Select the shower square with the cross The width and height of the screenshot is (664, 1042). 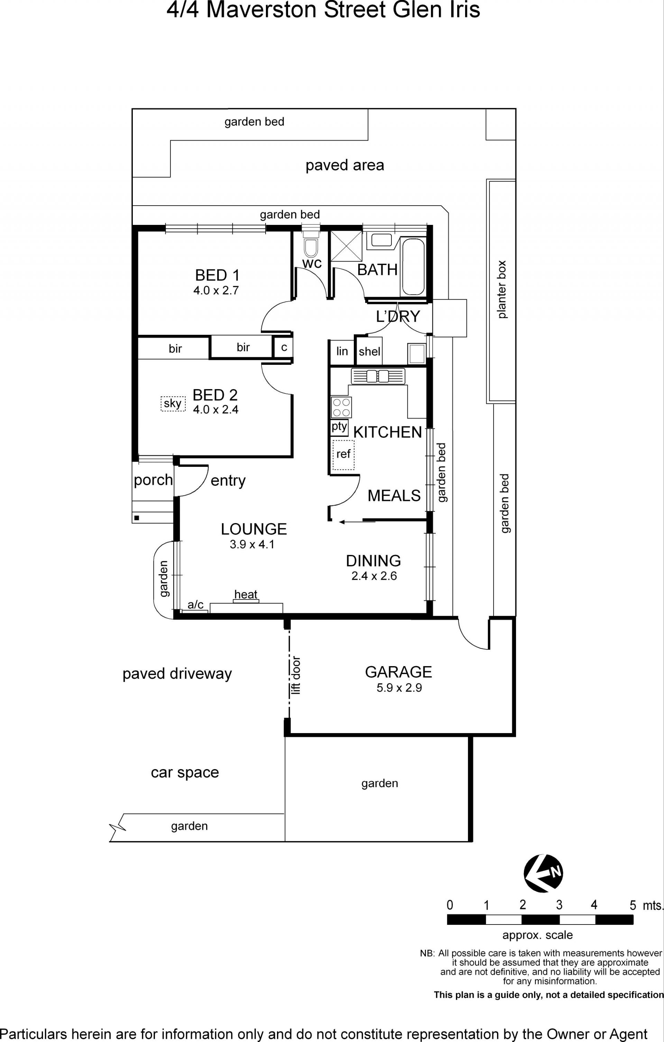346,246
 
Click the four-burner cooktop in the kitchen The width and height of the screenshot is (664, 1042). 341,407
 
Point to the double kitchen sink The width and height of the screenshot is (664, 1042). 378,376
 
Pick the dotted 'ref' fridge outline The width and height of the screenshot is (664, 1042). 343,455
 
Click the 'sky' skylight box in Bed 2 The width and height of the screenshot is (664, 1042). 173,403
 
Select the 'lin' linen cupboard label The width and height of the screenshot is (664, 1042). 342,351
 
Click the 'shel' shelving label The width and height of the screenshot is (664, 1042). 369,351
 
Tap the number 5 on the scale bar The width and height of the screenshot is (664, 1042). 633,905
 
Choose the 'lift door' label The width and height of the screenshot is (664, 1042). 295,675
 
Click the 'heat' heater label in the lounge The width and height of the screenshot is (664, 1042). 246,594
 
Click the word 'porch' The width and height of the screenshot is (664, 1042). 153,480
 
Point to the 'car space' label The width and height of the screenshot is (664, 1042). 185,773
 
